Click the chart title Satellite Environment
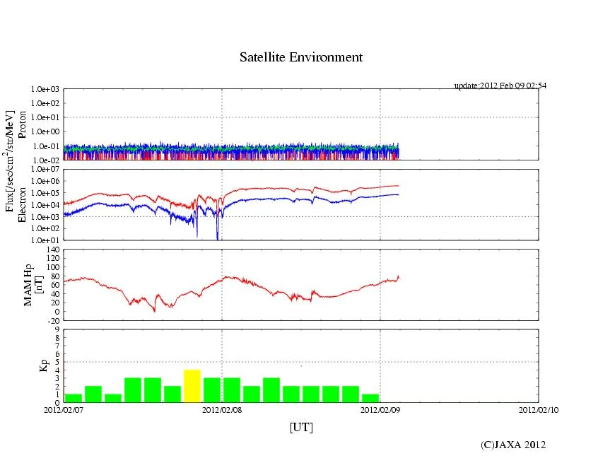pyautogui.click(x=301, y=57)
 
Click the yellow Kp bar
pyautogui.click(x=192, y=386)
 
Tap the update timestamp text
pyautogui.click(x=500, y=86)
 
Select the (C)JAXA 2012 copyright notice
pyautogui.click(x=513, y=445)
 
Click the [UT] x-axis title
pyautogui.click(x=301, y=427)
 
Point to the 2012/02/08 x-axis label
pyautogui.click(x=222, y=409)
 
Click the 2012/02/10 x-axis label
pyautogui.click(x=539, y=409)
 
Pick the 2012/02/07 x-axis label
pyautogui.click(x=64, y=409)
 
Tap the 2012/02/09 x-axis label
pyautogui.click(x=380, y=409)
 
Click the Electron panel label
pyautogui.click(x=23, y=204)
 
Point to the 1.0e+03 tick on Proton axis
pyautogui.click(x=47, y=90)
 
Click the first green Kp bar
pyautogui.click(x=74, y=398)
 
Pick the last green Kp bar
pyautogui.click(x=370, y=398)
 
